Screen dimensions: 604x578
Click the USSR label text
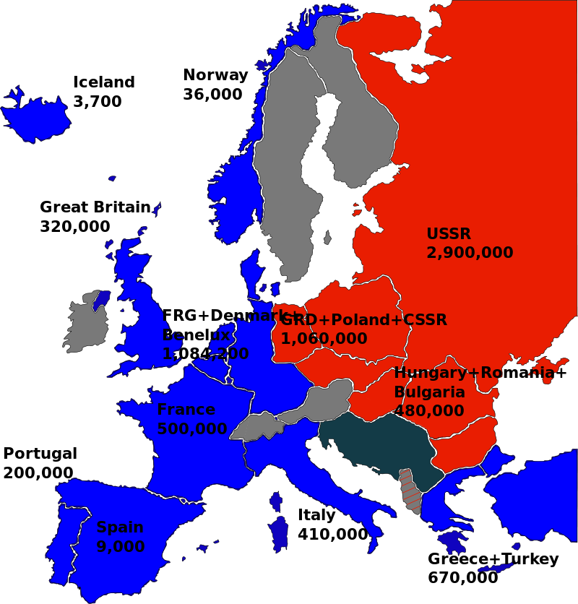pos(448,234)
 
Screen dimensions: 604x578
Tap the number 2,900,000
pos(470,253)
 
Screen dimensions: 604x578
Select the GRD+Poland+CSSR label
pos(363,320)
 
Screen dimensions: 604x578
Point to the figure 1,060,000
pos(324,339)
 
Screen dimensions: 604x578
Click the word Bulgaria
pos(429,392)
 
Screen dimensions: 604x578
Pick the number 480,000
pos(429,411)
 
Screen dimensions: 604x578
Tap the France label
pos(186,410)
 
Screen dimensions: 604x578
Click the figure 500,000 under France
pos(191,428)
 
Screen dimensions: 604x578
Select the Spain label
pos(120,527)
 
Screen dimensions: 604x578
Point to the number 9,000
pos(120,547)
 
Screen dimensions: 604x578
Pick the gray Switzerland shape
pos(255,427)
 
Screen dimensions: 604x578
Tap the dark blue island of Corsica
pos(275,502)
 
